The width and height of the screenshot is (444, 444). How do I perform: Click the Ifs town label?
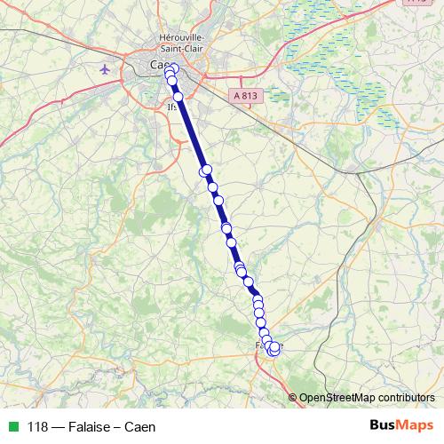[170, 107]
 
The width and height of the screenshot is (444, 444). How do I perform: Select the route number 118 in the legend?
[39, 426]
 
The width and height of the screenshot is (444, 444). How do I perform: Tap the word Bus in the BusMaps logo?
[384, 425]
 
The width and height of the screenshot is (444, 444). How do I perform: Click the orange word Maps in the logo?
[416, 425]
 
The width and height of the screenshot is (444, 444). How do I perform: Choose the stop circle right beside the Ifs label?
[178, 96]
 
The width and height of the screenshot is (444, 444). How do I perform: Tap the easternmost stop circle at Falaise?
[275, 346]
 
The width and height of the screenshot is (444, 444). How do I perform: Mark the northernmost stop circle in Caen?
[173, 68]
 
